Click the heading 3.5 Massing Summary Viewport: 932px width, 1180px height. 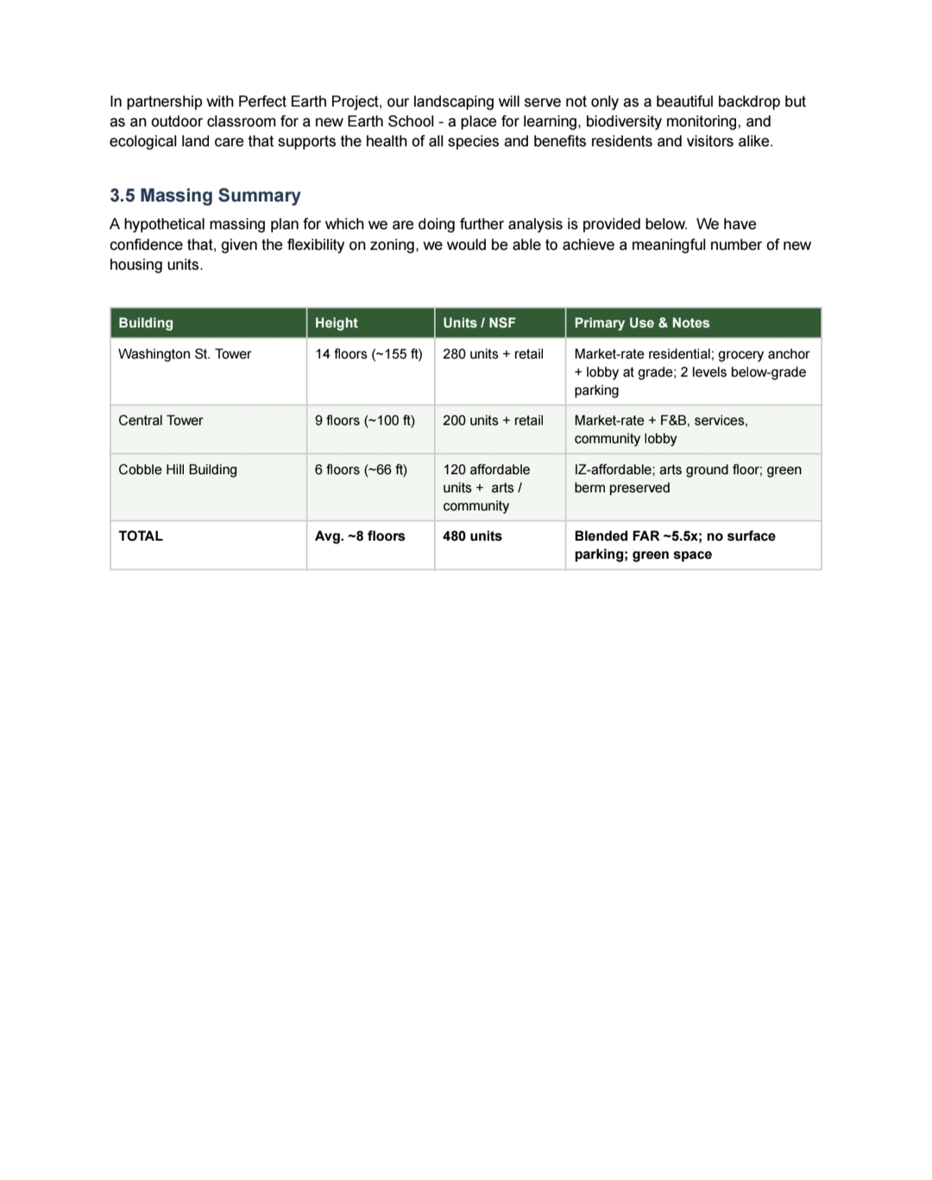click(x=205, y=196)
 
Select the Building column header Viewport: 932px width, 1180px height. click(x=146, y=323)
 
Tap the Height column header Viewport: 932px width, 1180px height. click(x=336, y=323)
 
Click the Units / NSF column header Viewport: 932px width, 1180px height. click(x=479, y=323)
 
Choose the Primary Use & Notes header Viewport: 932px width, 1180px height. click(x=641, y=323)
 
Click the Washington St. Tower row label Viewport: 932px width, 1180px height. click(x=185, y=354)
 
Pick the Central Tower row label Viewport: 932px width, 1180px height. click(x=161, y=420)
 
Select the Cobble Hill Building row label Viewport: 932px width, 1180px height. click(x=178, y=470)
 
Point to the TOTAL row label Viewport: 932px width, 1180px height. click(x=141, y=536)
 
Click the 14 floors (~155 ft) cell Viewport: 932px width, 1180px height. click(x=368, y=354)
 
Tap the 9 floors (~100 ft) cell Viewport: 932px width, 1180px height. click(x=364, y=420)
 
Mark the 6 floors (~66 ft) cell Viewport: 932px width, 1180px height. click(x=361, y=470)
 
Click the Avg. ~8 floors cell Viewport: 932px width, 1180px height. click(x=360, y=536)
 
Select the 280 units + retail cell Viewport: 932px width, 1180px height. click(x=493, y=354)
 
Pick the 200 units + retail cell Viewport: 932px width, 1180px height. click(x=493, y=420)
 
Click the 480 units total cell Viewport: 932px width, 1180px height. click(x=472, y=536)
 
